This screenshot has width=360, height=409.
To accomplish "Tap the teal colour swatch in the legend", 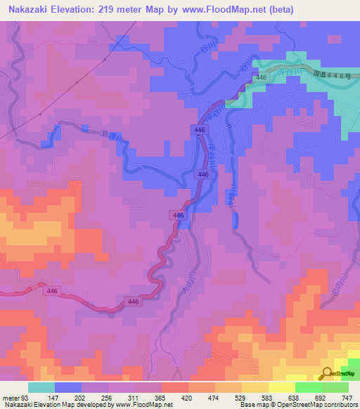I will [x=41, y=387].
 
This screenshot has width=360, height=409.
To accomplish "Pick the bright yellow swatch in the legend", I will [x=282, y=387].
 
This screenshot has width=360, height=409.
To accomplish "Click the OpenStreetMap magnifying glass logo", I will [x=328, y=373].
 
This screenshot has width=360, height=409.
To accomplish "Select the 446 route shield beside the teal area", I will [x=261, y=77].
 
